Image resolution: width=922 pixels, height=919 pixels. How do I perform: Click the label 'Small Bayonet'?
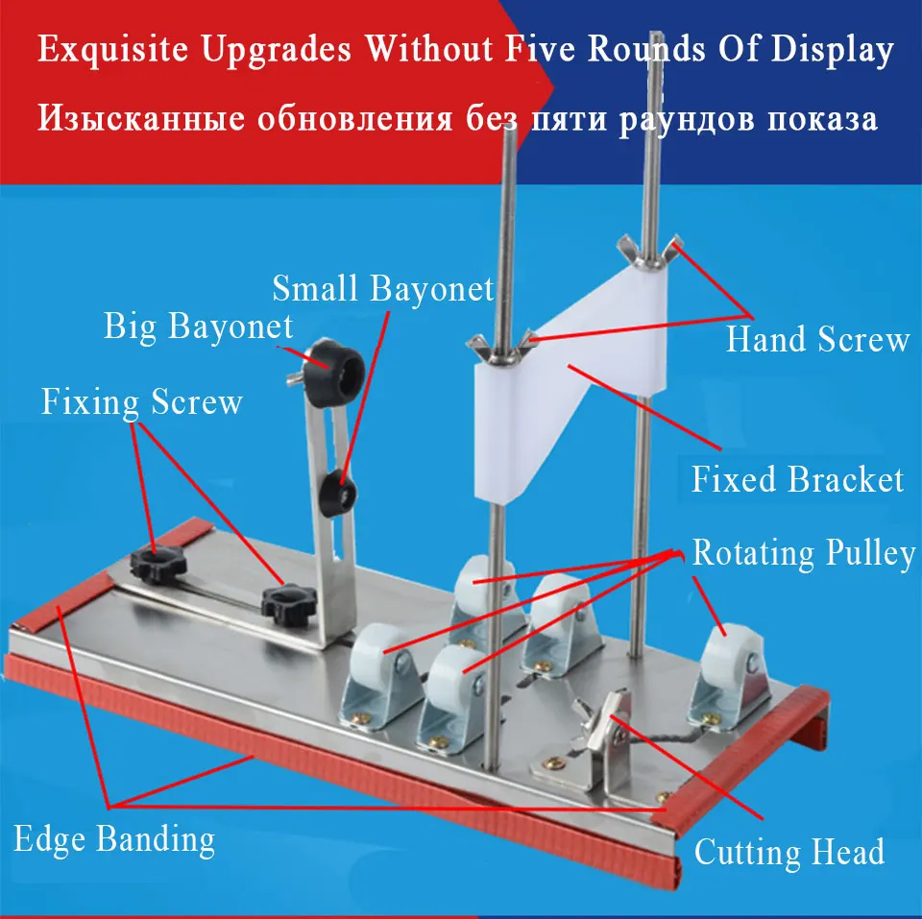pos(383,289)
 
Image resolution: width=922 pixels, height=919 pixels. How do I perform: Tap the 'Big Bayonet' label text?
pos(198,326)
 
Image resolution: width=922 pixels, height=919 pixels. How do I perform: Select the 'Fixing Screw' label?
pos(142,402)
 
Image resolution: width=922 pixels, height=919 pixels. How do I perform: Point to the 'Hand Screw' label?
pos(818,340)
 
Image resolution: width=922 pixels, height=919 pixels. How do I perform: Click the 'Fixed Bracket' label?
pos(797,479)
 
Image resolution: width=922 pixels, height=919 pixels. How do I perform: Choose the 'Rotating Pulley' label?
pos(804,553)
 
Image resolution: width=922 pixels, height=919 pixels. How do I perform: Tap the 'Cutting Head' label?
pos(789,852)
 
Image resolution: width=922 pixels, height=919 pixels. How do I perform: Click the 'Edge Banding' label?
pos(114,839)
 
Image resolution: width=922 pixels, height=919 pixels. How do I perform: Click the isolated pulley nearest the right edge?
pos(730,672)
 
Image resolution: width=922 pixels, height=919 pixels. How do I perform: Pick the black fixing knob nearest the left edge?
pos(158,564)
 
